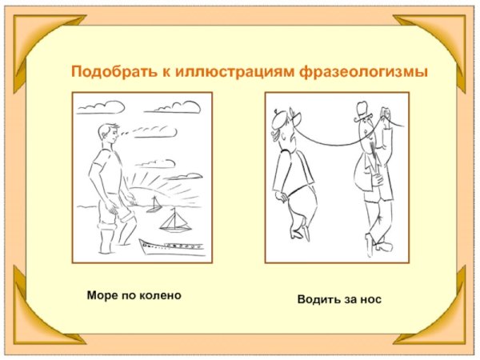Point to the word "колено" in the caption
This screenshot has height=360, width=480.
coord(161,295)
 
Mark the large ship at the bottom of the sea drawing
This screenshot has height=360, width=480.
coord(172,246)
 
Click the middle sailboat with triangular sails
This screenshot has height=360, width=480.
coord(173,221)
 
